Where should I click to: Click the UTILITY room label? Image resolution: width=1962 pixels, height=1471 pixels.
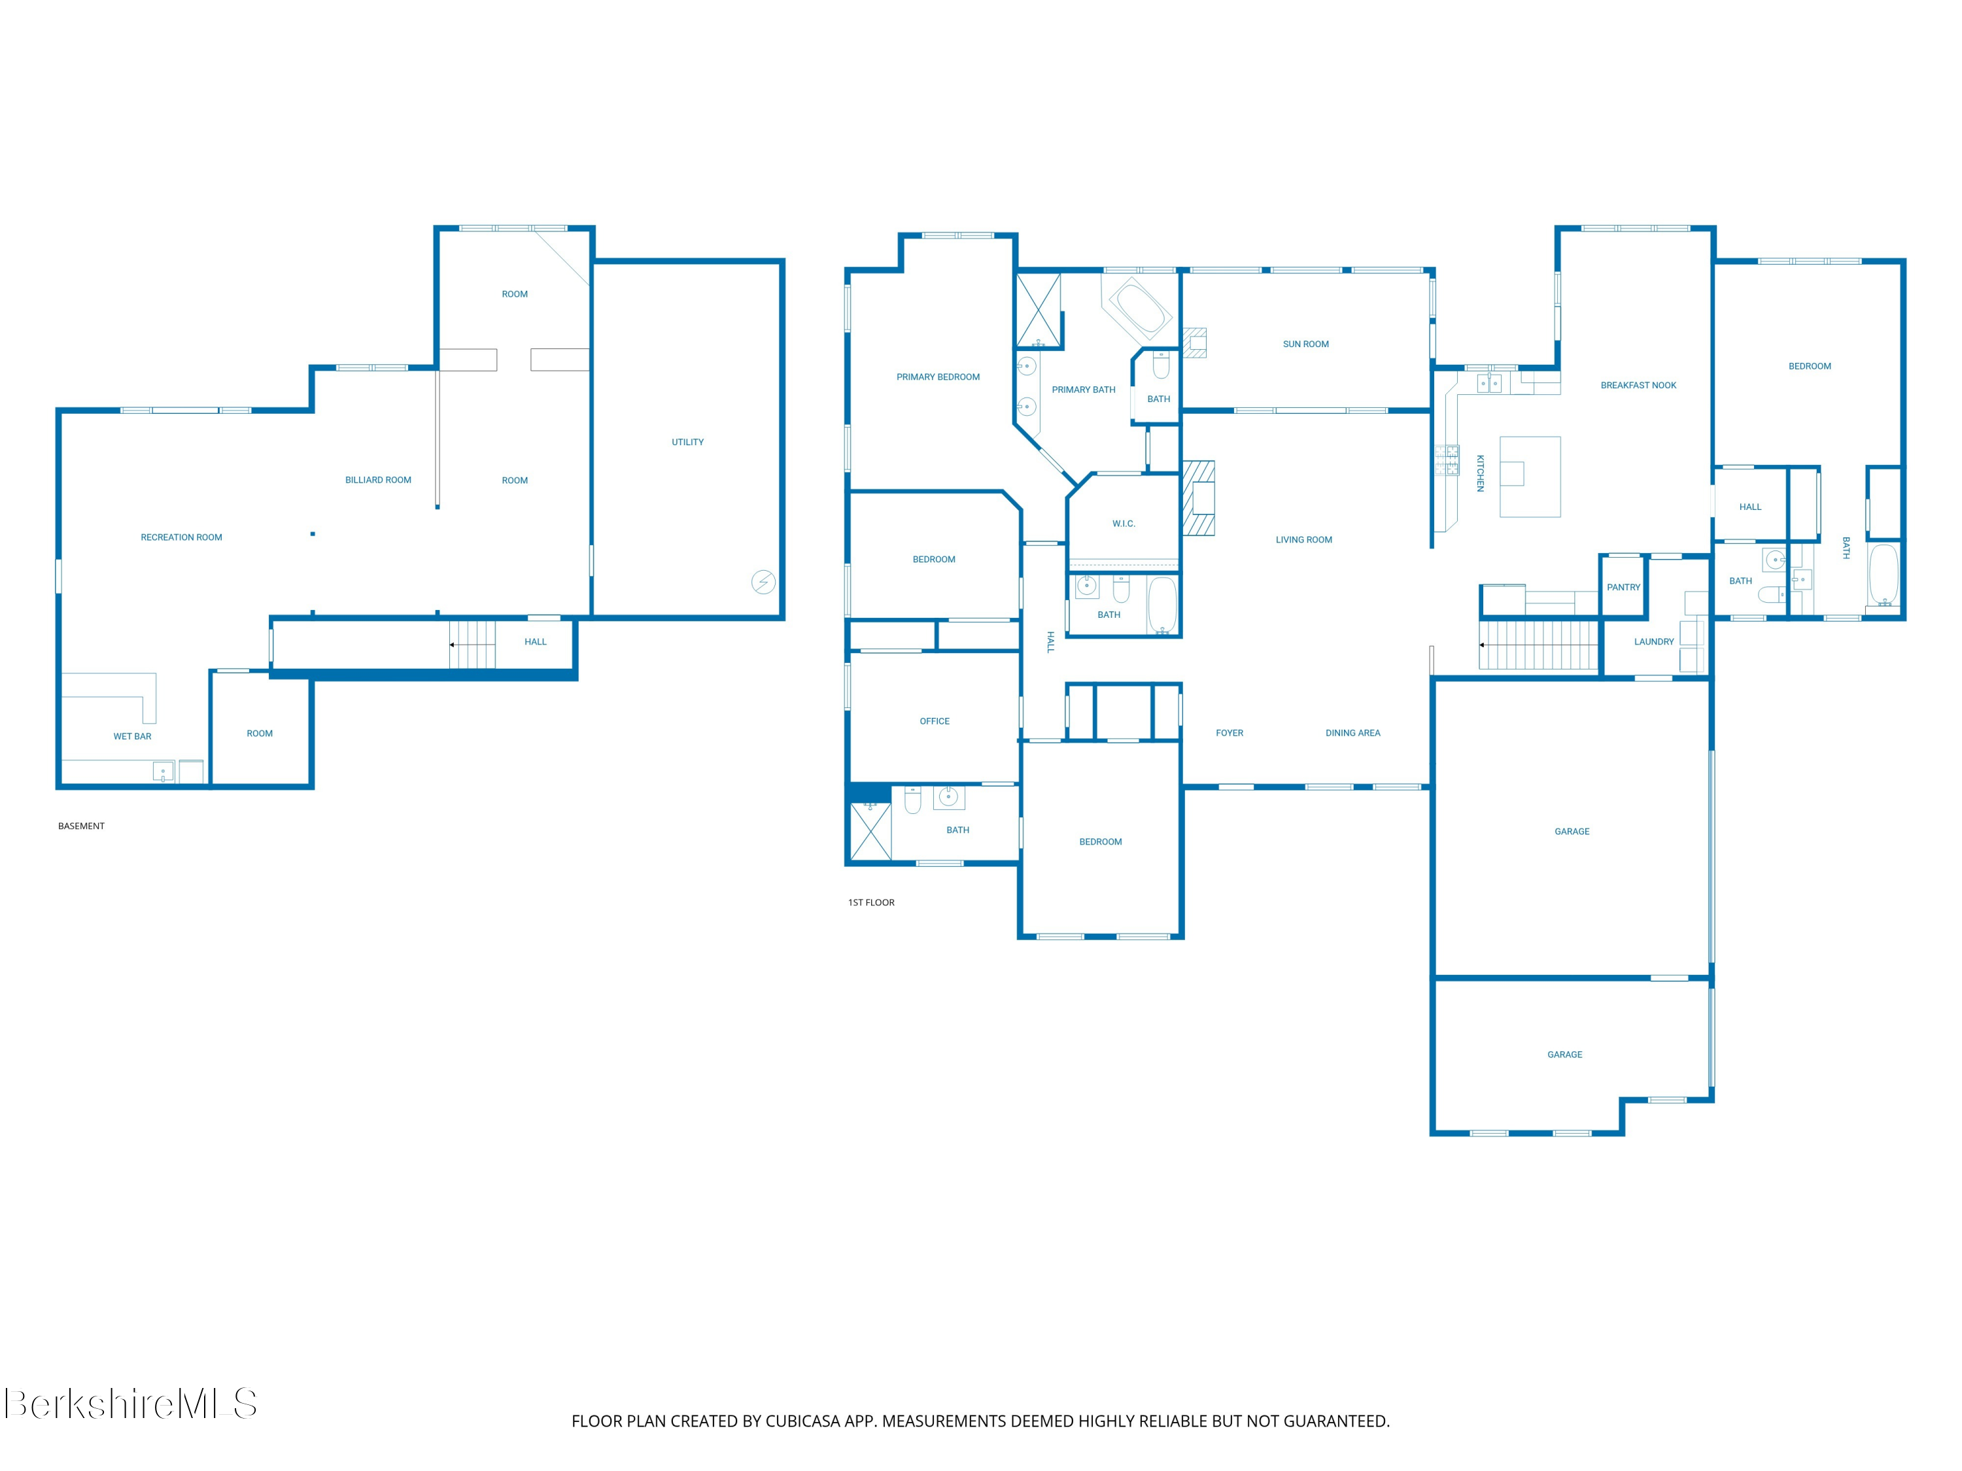pyautogui.click(x=687, y=441)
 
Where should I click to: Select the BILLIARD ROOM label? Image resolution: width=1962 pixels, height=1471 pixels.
pyautogui.click(x=378, y=480)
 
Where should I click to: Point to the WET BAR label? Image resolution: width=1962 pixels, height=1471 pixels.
pyautogui.click(x=132, y=736)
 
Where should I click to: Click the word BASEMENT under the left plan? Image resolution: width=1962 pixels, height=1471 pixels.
pyautogui.click(x=82, y=826)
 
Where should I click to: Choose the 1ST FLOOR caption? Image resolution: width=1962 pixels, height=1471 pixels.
pyautogui.click(x=871, y=902)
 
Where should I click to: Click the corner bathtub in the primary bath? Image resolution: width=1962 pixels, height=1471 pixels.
pyautogui.click(x=1141, y=306)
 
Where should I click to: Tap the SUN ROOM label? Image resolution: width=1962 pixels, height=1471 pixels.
pyautogui.click(x=1305, y=344)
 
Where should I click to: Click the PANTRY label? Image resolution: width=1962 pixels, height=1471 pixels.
pyautogui.click(x=1623, y=587)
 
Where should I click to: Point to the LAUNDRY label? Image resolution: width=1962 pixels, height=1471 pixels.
pyautogui.click(x=1654, y=641)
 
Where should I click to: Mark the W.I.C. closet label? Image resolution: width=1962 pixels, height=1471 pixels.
pyautogui.click(x=1124, y=523)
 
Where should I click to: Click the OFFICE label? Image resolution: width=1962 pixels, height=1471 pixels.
pyautogui.click(x=935, y=721)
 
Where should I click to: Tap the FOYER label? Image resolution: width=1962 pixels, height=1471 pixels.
pyautogui.click(x=1230, y=732)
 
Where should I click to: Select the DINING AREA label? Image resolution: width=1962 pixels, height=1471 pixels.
pyautogui.click(x=1352, y=732)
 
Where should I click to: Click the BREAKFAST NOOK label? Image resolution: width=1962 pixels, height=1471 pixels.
pyautogui.click(x=1638, y=385)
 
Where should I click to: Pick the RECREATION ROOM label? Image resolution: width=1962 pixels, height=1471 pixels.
pyautogui.click(x=181, y=537)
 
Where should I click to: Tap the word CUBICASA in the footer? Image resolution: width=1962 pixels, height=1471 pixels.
pyautogui.click(x=802, y=1421)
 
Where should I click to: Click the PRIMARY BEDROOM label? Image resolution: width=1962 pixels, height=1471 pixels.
pyautogui.click(x=938, y=377)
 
